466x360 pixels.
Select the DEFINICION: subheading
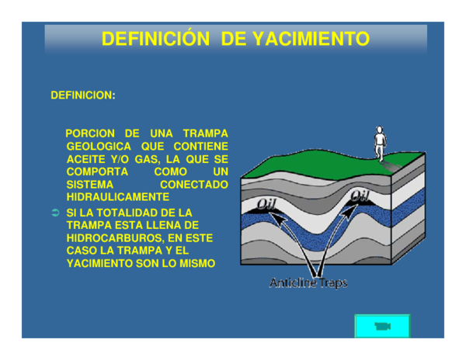point(82,95)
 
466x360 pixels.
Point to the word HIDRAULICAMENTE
point(117,198)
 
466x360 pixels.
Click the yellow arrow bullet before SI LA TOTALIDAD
point(55,213)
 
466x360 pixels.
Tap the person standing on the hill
point(380,143)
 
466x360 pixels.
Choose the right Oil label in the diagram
point(359,196)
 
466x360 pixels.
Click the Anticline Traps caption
point(308,283)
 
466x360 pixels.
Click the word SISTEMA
point(90,185)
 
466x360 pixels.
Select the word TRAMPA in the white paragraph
point(205,133)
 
